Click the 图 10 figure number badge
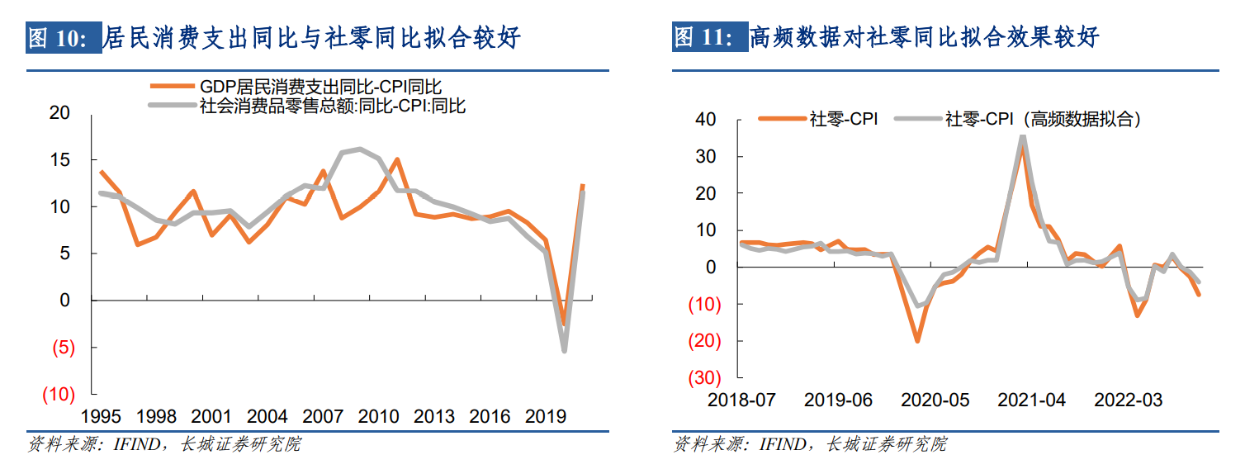click(x=63, y=38)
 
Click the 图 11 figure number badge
click(x=708, y=38)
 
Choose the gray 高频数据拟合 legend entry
click(x=1033, y=119)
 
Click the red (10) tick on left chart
click(x=58, y=395)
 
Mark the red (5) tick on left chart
click(x=63, y=348)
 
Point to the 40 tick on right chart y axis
click(x=705, y=120)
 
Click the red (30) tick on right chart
click(x=703, y=377)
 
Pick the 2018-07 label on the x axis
click(x=741, y=400)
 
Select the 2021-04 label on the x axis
click(x=1031, y=400)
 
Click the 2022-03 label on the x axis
click(x=1128, y=400)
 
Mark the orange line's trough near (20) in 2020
click(x=916, y=340)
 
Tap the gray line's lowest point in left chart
click(x=565, y=351)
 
